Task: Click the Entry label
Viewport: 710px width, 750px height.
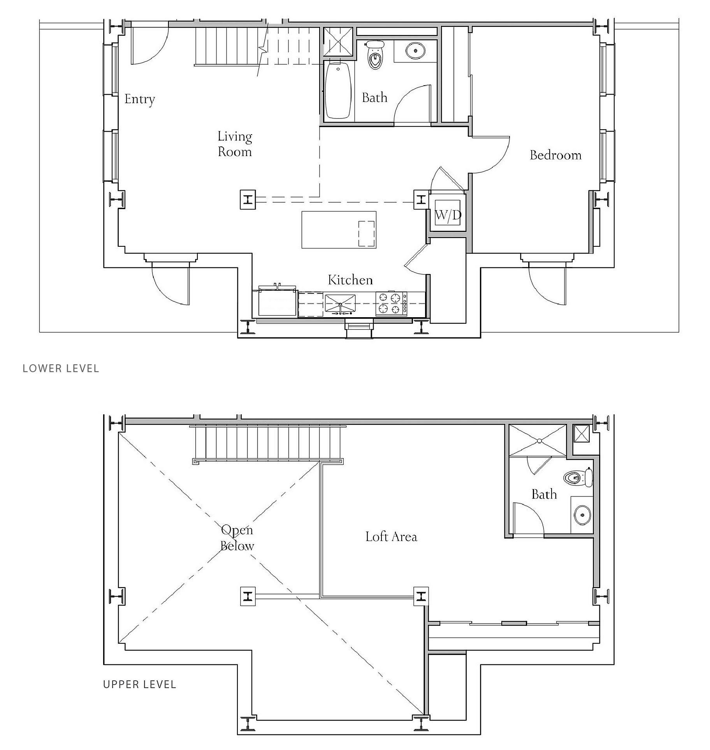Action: [x=139, y=99]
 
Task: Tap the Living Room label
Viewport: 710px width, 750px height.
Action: [x=235, y=144]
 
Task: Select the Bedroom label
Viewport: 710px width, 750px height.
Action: [x=555, y=155]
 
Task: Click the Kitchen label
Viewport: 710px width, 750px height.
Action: [x=350, y=279]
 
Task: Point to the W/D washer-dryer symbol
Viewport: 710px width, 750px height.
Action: [x=448, y=214]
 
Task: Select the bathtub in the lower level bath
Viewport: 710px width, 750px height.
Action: [x=338, y=91]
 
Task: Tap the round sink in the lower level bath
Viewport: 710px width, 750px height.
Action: [x=415, y=50]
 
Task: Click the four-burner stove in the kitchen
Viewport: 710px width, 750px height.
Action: [x=391, y=303]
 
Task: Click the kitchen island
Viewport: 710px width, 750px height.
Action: [x=339, y=230]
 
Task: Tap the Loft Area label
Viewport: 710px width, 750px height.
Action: [x=391, y=537]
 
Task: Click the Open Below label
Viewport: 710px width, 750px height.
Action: [x=237, y=537]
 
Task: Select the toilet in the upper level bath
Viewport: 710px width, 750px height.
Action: [x=578, y=477]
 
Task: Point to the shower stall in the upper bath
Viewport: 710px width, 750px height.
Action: [x=538, y=440]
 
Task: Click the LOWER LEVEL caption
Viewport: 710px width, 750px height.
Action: [x=61, y=368]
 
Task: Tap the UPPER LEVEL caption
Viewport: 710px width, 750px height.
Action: [x=140, y=684]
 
